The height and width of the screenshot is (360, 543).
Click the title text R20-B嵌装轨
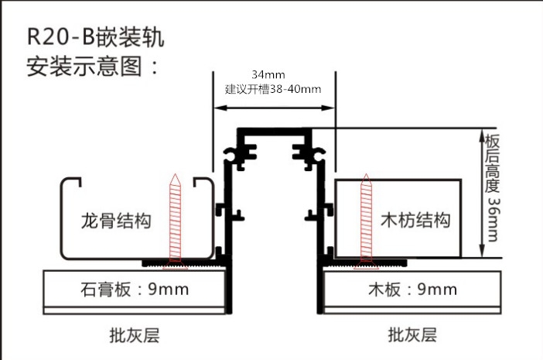click(95, 37)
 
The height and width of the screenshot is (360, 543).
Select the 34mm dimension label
click(268, 74)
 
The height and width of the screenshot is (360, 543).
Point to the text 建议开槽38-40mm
click(273, 89)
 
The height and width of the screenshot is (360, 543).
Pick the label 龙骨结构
click(116, 221)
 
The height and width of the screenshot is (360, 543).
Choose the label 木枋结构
click(415, 220)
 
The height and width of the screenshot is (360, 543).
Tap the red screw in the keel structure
click(176, 221)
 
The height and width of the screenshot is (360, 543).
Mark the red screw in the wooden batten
click(366, 221)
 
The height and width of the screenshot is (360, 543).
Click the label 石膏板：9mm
click(135, 290)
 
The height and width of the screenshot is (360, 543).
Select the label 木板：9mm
click(412, 290)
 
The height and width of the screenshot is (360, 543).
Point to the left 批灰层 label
click(135, 335)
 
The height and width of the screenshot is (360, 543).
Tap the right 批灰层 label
click(412, 334)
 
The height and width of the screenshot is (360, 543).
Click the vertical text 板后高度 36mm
click(492, 187)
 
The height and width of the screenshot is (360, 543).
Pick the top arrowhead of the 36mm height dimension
click(482, 135)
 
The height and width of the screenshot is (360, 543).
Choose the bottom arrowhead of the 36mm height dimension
click(482, 252)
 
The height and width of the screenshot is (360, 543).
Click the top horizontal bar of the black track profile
click(275, 132)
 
